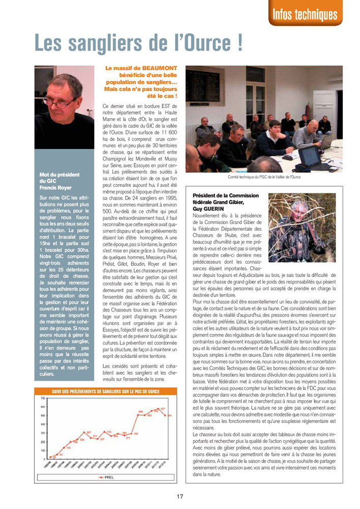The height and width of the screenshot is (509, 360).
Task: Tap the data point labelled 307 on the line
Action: pos(89,433)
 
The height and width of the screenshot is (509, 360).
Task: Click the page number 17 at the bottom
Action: pos(180,496)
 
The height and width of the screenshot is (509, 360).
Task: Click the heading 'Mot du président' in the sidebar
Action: pos(60,175)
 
